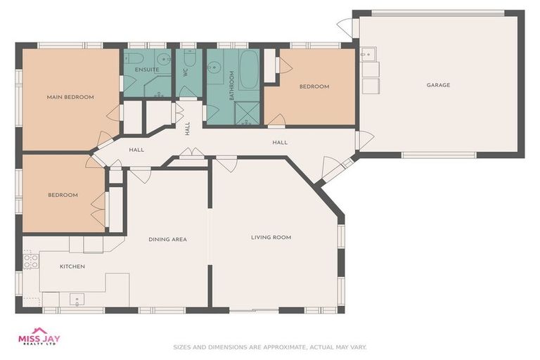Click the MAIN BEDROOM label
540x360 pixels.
click(70, 97)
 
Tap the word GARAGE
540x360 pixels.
click(438, 85)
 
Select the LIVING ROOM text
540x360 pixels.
click(271, 238)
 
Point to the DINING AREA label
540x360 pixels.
click(167, 240)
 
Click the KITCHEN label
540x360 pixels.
click(72, 266)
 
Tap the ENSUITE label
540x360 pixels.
click(147, 70)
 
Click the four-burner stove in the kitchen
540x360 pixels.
click(30, 262)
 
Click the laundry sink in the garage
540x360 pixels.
click(368, 54)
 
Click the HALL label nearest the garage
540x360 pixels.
click(280, 143)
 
